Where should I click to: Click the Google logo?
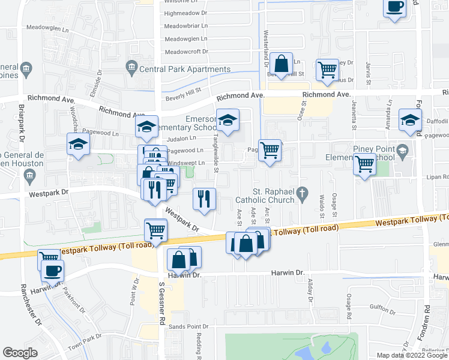[x=20, y=352]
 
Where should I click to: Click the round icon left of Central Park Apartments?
[x=130, y=67]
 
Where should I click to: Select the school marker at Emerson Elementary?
[x=228, y=119]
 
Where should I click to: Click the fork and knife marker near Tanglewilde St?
[x=205, y=198]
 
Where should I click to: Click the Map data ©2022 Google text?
[x=411, y=355]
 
